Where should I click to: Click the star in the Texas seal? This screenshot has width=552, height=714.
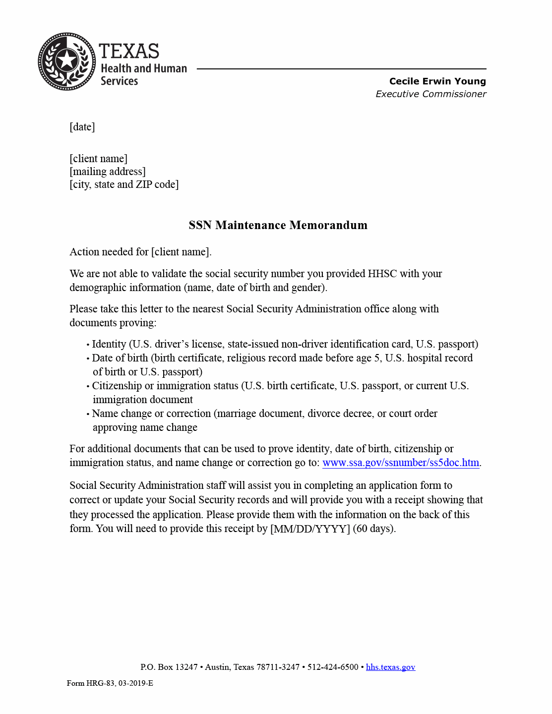(66, 61)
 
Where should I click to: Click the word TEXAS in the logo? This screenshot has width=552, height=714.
(129, 51)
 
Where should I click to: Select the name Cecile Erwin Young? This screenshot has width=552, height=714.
(437, 81)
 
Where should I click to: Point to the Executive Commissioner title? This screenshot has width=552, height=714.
(430, 94)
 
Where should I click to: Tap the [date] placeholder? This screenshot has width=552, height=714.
(82, 127)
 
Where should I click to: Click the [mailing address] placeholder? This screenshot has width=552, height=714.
(108, 172)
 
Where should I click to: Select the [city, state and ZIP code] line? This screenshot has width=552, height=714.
(124, 184)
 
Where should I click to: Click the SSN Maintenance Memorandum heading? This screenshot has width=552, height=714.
(278, 225)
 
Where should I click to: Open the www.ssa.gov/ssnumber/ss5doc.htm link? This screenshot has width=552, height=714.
(401, 463)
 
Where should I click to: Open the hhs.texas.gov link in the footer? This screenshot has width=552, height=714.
(390, 667)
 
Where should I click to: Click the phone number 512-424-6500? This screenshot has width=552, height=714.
(332, 667)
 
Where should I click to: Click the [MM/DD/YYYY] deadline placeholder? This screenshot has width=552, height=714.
(310, 529)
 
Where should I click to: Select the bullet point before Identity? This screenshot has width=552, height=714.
(88, 345)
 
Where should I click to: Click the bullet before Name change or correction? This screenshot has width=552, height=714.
(88, 414)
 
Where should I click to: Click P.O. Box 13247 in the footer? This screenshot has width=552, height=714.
(169, 667)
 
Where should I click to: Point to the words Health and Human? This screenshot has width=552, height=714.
(144, 68)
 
